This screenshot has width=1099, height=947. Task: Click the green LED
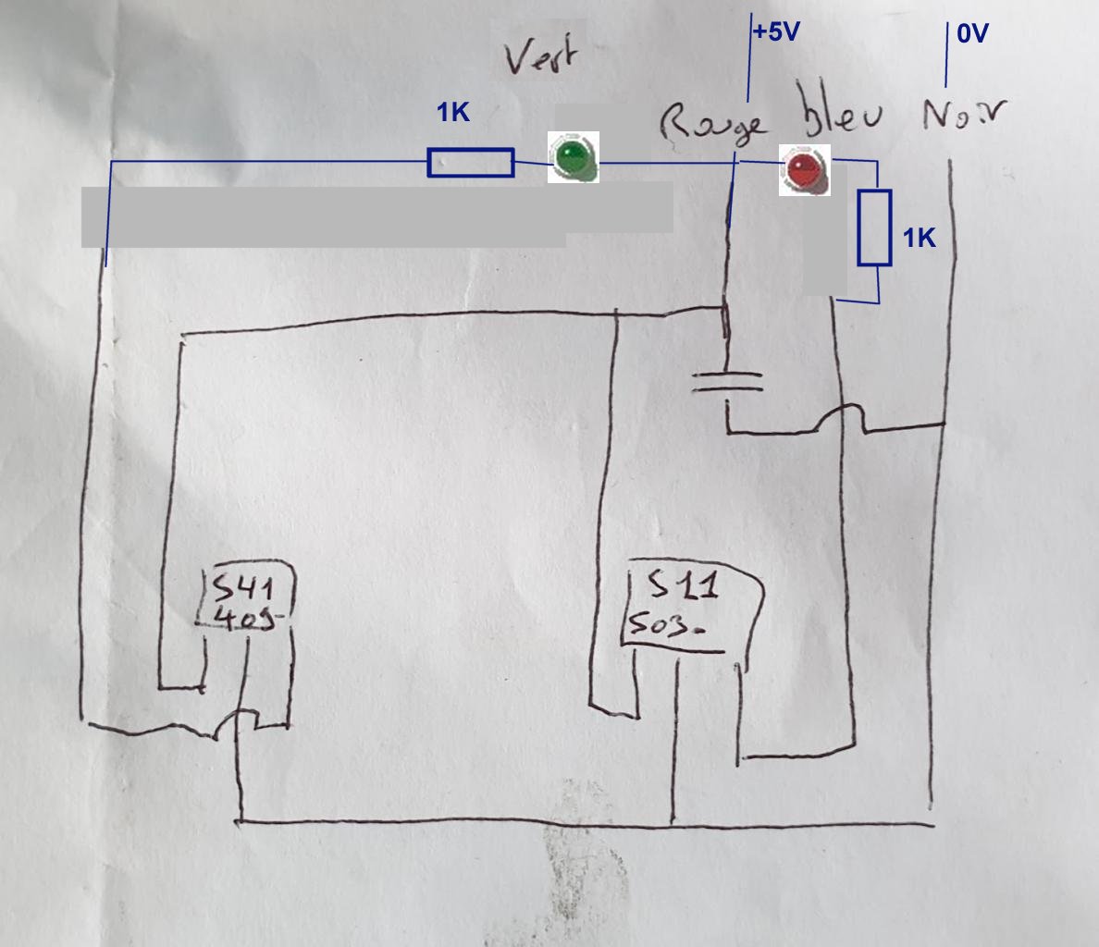pos(574,157)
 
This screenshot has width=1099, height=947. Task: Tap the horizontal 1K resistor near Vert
pos(470,163)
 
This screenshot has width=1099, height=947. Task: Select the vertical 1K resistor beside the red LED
pos(874,228)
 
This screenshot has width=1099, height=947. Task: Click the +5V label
pos(775,32)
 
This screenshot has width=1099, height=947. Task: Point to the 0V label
pos(972,34)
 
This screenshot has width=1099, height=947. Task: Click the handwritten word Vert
pos(541,58)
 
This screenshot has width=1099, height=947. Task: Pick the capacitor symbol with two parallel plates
pos(728,381)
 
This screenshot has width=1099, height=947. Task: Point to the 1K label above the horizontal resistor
pos(453,113)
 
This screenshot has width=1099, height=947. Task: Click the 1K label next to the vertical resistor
pos(919,239)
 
